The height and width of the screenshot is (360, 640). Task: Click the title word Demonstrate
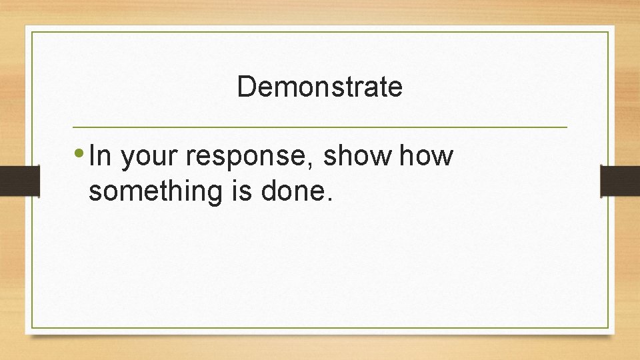coord(319,87)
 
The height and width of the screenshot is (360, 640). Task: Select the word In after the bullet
coord(100,157)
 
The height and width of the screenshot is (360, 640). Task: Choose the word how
coord(427,157)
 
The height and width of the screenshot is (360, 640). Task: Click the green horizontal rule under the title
coord(319,127)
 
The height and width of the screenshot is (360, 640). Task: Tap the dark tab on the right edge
coord(620,180)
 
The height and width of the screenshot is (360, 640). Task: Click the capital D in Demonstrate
coord(245,87)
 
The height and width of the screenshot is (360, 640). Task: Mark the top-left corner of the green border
coord(31,31)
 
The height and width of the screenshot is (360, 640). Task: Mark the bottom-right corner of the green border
coord(609,327)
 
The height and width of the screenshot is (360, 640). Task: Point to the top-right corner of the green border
coord(609,31)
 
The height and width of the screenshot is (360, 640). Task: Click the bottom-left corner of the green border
coord(31,327)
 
